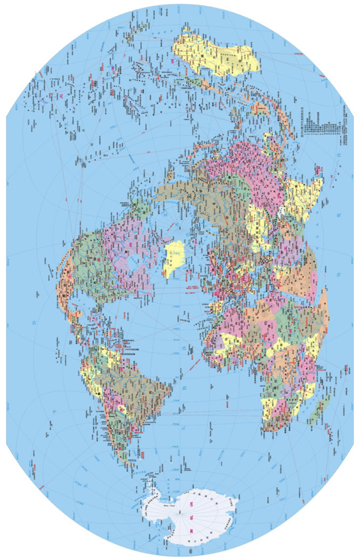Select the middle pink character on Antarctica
pyautogui.click(x=191, y=516)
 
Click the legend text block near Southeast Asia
pyautogui.click(x=325, y=128)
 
